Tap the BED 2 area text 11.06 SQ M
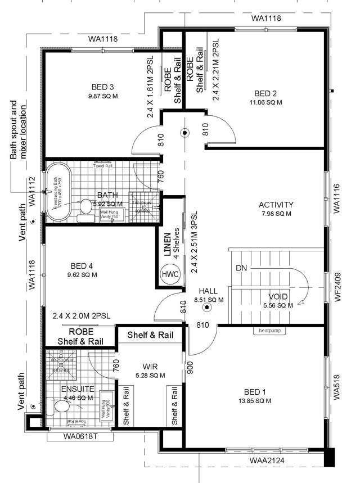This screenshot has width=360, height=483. click(266, 102)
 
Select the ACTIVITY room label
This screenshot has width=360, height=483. click(276, 204)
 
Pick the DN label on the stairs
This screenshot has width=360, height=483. click(242, 268)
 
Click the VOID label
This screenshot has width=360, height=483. click(279, 296)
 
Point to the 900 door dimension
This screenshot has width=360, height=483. click(190, 367)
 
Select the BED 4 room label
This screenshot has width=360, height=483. click(82, 266)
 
